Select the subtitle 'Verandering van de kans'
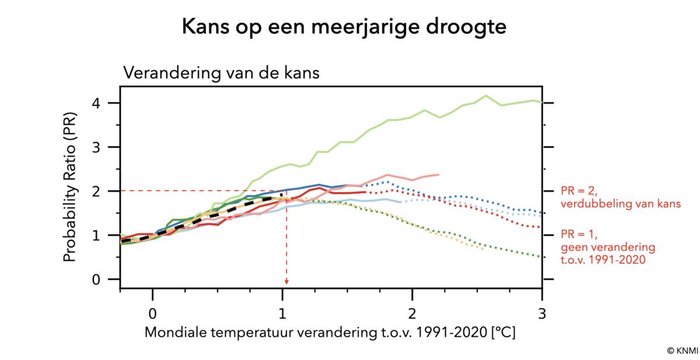point(221,74)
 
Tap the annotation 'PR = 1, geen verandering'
point(607,247)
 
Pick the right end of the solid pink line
point(439,174)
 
